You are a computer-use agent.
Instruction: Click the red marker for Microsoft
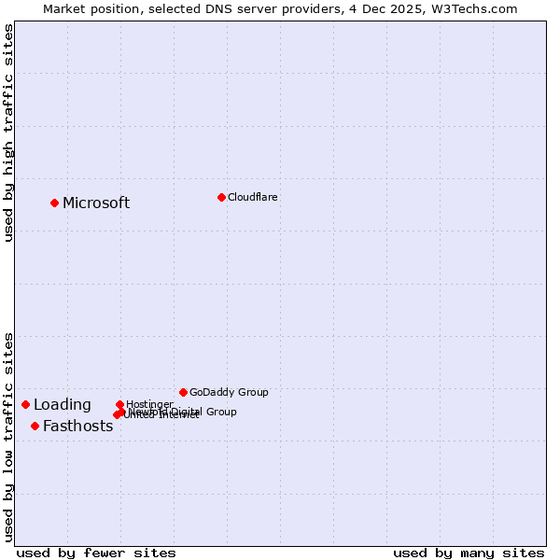54,203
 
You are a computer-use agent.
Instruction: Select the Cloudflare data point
221,197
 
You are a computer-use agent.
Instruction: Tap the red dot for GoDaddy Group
183,392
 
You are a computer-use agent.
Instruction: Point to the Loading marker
25,404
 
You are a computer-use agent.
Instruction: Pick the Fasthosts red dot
35,426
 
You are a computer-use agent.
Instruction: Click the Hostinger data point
119,404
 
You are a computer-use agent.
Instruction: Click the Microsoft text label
96,203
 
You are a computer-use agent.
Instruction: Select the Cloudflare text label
252,197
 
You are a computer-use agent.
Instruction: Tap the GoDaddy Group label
229,392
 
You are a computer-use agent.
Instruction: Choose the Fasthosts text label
77,427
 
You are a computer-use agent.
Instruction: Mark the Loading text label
63,405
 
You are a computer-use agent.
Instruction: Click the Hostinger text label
149,404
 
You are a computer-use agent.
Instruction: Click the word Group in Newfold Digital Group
220,412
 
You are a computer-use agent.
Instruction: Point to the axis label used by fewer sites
96,553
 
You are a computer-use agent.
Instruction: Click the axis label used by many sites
469,553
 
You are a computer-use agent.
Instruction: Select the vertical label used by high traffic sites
8,133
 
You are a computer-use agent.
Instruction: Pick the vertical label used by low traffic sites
8,436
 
